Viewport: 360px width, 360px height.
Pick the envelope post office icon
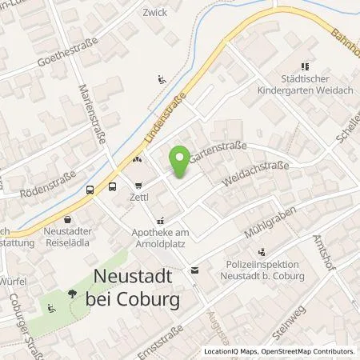point(194,271)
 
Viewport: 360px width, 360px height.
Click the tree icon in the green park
point(73,293)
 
